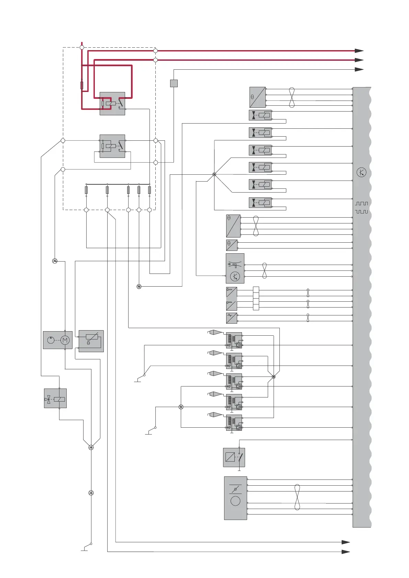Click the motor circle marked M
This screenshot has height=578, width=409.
click(65, 340)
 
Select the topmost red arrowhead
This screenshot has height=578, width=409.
click(359, 51)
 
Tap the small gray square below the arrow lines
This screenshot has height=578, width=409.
click(174, 83)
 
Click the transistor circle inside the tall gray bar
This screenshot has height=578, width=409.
click(361, 172)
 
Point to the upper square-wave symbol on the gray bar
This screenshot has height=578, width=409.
click(362, 204)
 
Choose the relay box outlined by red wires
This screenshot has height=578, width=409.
click(112, 103)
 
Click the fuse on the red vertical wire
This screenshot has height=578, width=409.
click(82, 85)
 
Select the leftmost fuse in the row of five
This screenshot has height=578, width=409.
click(86, 190)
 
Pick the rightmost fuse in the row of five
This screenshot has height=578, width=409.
click(150, 190)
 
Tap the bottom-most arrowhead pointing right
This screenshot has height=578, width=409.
click(345, 552)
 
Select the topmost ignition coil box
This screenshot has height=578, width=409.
click(234, 340)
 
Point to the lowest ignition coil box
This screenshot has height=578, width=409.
click(234, 423)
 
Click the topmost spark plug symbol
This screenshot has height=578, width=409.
click(215, 332)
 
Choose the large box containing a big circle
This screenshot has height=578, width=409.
click(235, 498)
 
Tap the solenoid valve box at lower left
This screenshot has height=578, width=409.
click(55, 398)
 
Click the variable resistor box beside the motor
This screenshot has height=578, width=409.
click(91, 341)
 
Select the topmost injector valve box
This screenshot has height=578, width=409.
click(260, 115)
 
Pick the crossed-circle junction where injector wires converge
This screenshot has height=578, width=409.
click(214, 174)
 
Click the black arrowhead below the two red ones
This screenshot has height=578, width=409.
click(359, 69)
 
